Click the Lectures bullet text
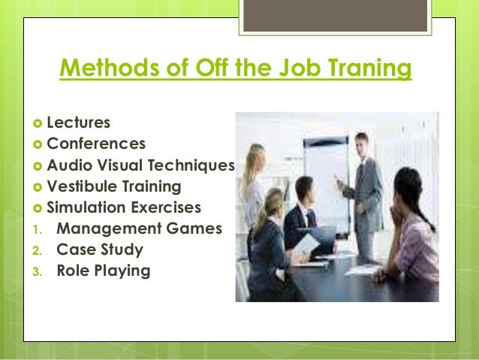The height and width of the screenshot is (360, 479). (x=77, y=121)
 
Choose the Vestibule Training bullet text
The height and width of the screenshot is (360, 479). (x=113, y=186)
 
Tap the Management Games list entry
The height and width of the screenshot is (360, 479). (x=139, y=228)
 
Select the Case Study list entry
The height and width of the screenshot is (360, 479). (x=100, y=249)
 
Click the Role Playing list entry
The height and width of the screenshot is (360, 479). (x=104, y=270)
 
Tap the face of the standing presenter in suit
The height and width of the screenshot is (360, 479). (x=361, y=144)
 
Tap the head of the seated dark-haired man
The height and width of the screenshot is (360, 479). (x=304, y=188)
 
